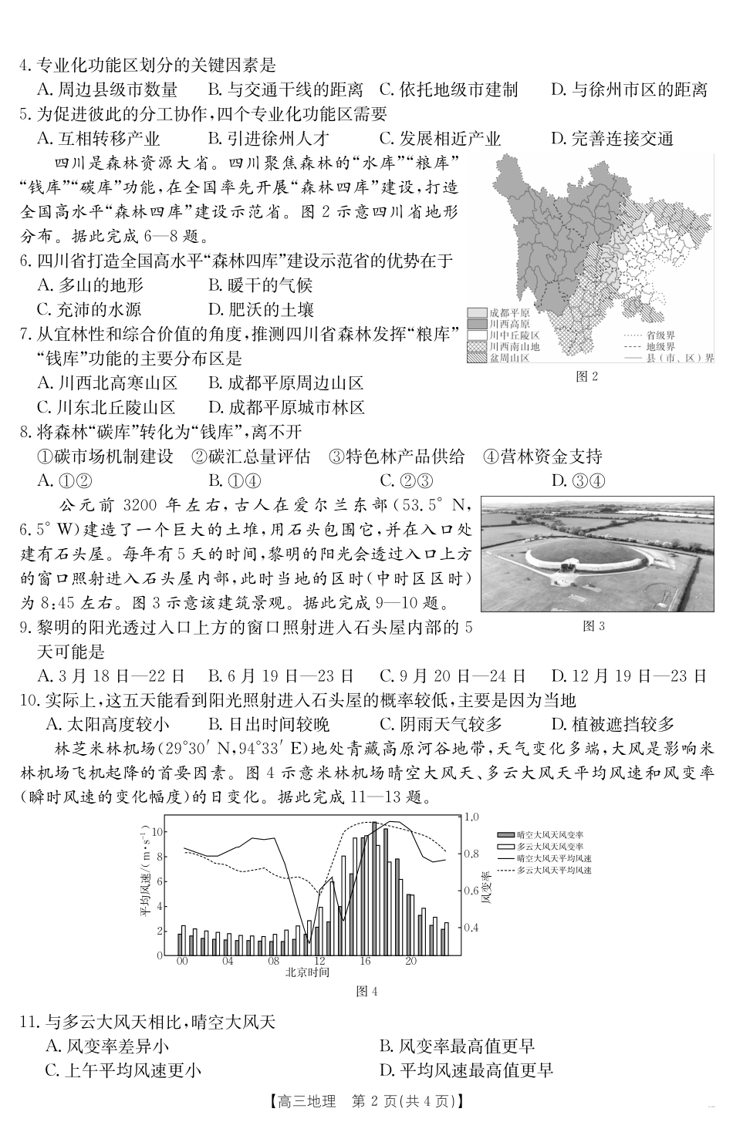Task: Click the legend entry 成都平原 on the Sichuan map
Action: [502, 313]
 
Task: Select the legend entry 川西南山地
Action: [504, 347]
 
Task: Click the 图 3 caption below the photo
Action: [593, 625]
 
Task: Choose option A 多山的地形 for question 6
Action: [91, 285]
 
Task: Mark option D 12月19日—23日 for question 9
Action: [629, 676]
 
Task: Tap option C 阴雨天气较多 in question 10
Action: [441, 724]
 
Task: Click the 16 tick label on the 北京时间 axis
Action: [365, 962]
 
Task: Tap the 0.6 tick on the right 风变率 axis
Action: [471, 890]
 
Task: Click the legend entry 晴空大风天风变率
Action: [549, 835]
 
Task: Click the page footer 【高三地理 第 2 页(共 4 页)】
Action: [366, 1101]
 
